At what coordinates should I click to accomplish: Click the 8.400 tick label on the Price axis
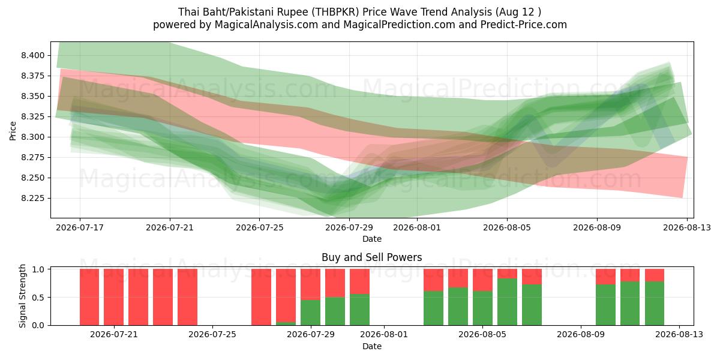point(33,56)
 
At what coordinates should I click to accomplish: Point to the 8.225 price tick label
point(33,199)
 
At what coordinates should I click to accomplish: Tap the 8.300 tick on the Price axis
point(33,137)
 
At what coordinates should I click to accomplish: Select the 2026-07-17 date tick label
point(80,227)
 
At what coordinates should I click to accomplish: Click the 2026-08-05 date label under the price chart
point(507,227)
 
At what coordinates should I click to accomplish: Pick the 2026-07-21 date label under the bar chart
point(114,335)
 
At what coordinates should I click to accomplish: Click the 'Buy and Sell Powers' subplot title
point(371,257)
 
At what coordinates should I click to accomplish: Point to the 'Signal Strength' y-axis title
point(22,296)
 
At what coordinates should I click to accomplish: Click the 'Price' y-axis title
point(13,131)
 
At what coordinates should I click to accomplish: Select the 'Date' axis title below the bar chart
point(372,346)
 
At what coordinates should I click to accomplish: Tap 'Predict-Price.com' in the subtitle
point(524,25)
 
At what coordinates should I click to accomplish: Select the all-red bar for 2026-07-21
point(113,297)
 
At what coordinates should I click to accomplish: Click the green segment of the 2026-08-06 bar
point(507,302)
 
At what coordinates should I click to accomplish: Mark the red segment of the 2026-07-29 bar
point(310,284)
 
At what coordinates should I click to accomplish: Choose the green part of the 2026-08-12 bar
point(655,304)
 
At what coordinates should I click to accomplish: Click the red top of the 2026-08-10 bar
point(605,277)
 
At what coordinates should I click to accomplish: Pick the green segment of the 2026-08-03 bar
point(433,308)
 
